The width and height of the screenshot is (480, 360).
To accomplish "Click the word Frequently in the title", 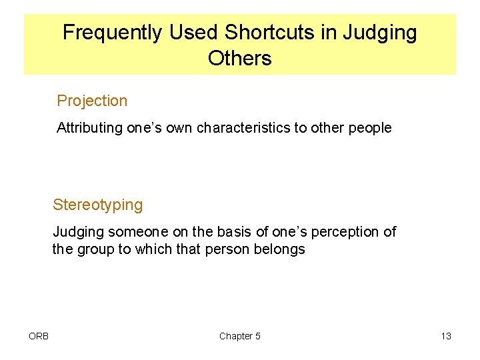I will (x=112, y=32).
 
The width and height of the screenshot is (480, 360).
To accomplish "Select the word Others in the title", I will (x=240, y=59).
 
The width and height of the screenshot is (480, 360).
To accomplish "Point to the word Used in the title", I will (x=194, y=32).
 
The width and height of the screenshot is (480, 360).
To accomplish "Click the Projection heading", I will (x=92, y=101).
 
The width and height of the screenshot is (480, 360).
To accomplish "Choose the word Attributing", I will (x=90, y=128).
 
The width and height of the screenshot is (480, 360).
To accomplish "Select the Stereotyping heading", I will (x=98, y=205).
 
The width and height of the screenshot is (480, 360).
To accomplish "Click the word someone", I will (x=140, y=232).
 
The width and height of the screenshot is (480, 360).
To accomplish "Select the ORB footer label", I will (x=39, y=336).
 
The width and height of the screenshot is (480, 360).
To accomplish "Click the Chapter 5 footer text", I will (x=240, y=336).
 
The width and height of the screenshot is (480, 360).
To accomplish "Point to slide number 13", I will (x=446, y=336).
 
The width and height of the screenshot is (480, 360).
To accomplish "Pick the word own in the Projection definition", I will (x=180, y=128).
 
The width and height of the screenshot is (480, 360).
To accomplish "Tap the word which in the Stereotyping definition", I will (x=155, y=250).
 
